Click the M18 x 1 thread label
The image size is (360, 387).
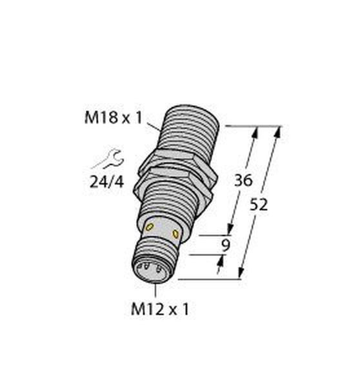coord(114,118)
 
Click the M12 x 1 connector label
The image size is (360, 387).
coord(160,309)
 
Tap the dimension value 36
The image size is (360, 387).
coord(243,180)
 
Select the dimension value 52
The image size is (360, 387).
coord(259,205)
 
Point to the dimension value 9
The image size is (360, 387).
coord(226,245)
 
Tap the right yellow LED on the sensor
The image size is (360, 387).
coord(175,233)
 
